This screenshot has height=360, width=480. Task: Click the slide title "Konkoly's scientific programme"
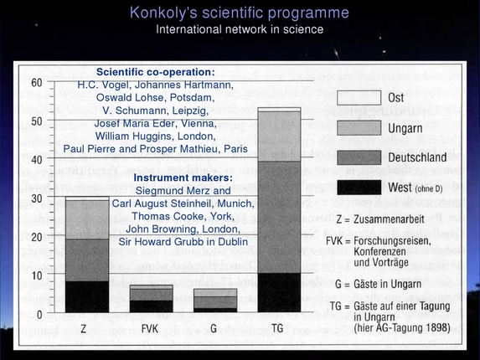coord(240,13)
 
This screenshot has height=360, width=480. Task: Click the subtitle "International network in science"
coord(240,30)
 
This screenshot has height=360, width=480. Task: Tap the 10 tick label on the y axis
coord(36,275)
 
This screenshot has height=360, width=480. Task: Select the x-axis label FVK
coord(152,327)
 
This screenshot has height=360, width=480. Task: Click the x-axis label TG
coord(279,327)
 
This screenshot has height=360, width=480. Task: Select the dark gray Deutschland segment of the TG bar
coord(279,217)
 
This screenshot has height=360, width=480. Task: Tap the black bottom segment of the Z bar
coord(87,296)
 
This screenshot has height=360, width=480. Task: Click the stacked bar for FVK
coord(152,298)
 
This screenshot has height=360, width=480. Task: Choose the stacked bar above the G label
coord(214,301)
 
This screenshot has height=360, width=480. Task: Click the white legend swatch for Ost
coord(358,98)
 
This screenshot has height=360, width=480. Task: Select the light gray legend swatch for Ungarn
coord(358,127)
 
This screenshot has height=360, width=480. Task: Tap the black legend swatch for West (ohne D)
coord(358,186)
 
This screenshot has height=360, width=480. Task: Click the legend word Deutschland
coord(421,157)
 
